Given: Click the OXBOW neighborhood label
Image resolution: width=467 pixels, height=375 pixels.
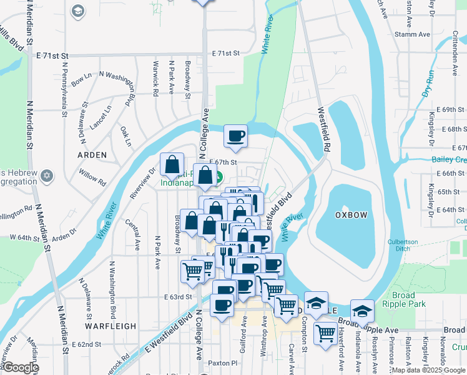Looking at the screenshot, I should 350,214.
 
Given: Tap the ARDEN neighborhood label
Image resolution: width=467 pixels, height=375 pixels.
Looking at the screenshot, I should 92,154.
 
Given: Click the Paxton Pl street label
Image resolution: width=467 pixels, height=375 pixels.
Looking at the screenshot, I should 223,362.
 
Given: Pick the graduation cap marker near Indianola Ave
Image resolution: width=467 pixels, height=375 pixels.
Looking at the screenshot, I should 361,311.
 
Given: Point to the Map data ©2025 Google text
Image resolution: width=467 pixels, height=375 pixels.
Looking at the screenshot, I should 428,370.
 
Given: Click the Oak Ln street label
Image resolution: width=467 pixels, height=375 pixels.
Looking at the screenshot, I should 125,136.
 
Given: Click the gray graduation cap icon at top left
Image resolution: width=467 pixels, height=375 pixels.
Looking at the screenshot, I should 77,11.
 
